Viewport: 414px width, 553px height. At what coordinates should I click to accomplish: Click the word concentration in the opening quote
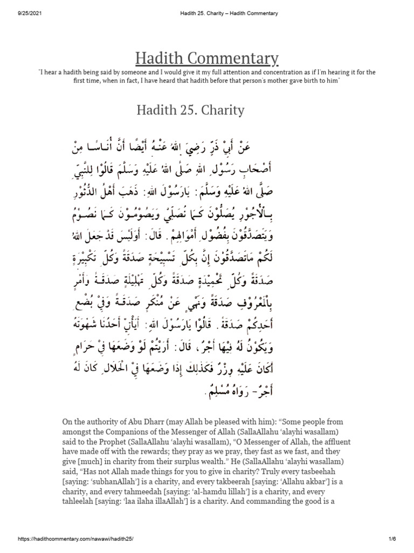click(x=251, y=72)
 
